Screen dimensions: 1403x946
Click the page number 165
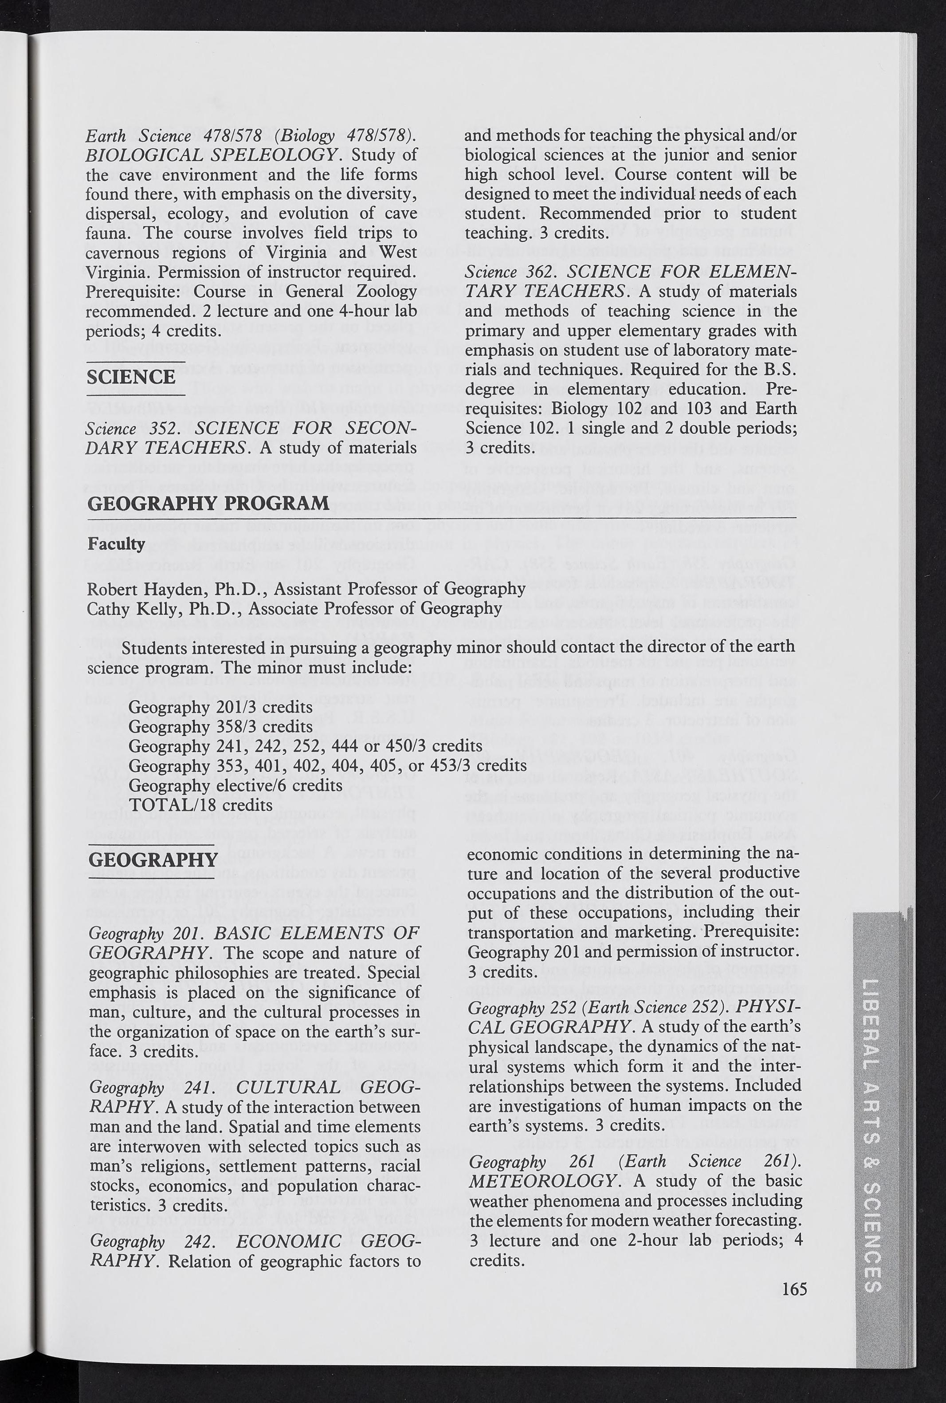[794, 1289]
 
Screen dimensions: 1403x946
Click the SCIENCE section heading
[131, 377]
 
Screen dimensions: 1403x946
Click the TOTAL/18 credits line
[201, 805]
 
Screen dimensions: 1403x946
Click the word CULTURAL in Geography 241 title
[288, 1088]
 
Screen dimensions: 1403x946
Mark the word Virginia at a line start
[119, 272]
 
